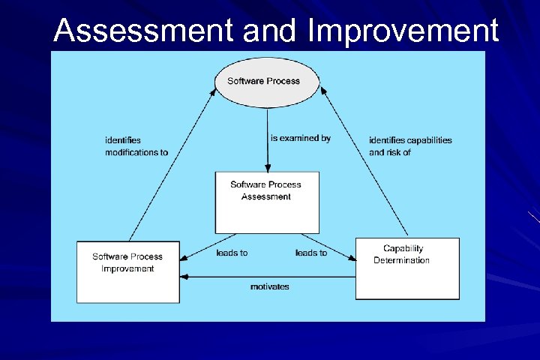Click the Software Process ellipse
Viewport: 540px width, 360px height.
point(267,82)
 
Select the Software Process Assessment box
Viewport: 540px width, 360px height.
point(266,202)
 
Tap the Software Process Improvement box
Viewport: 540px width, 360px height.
point(127,271)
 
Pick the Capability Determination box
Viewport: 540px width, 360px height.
point(406,268)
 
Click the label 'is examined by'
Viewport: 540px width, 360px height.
point(300,138)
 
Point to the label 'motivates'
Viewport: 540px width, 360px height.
point(269,286)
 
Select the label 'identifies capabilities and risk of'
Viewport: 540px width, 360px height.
point(410,145)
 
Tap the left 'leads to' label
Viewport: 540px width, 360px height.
point(232,253)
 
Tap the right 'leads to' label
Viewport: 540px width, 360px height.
point(311,253)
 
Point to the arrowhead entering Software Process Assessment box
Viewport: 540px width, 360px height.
point(267,168)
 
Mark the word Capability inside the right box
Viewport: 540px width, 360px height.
point(403,248)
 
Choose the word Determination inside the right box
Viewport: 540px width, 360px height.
point(401,260)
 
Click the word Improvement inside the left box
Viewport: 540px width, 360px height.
point(127,268)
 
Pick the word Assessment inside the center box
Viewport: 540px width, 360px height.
point(265,196)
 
